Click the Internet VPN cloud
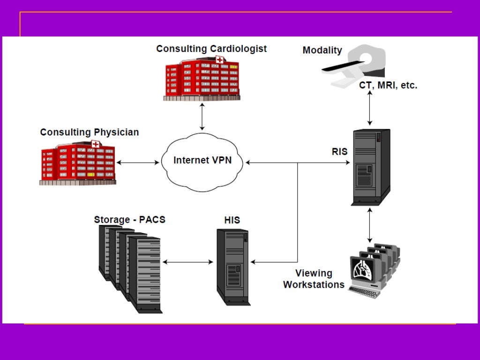(202, 161)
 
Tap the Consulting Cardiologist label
(211, 49)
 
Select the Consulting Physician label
(90, 132)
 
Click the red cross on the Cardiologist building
(219, 60)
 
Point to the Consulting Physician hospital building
(78, 162)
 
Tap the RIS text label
(339, 151)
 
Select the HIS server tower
(232, 266)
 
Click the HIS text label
(232, 220)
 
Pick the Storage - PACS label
(129, 219)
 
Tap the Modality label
(322, 50)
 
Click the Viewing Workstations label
(314, 279)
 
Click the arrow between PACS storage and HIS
(187, 262)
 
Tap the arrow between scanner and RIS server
(370, 108)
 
